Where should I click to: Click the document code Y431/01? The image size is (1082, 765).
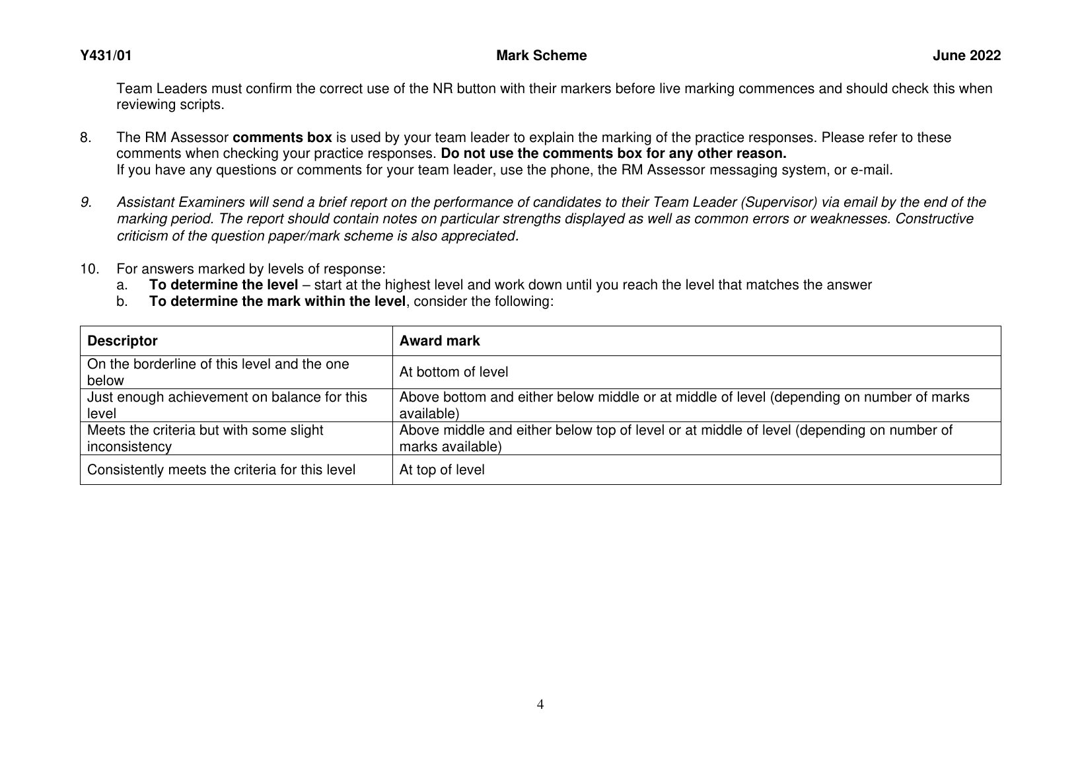pos(106,56)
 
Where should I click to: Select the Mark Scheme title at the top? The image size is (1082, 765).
pos(541,56)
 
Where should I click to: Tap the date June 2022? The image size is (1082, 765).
pos(966,56)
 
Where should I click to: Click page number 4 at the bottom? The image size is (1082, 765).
pos(540,705)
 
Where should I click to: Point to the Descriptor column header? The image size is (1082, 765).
pos(122,341)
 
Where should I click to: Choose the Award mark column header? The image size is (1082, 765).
pos(439,341)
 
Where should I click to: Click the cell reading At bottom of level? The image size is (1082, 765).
pos(454,372)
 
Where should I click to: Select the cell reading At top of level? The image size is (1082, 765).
pos(442,470)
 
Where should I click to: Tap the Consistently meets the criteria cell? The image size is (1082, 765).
pos(221,470)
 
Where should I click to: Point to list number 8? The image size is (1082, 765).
pos(85,138)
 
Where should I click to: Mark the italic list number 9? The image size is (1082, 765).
pos(85,202)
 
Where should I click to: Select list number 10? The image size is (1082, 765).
pos(89,269)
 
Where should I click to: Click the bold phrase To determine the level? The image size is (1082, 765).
pos(223,285)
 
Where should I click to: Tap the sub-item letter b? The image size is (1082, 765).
pos(121,301)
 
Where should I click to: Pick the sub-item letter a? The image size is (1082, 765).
pos(121,285)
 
